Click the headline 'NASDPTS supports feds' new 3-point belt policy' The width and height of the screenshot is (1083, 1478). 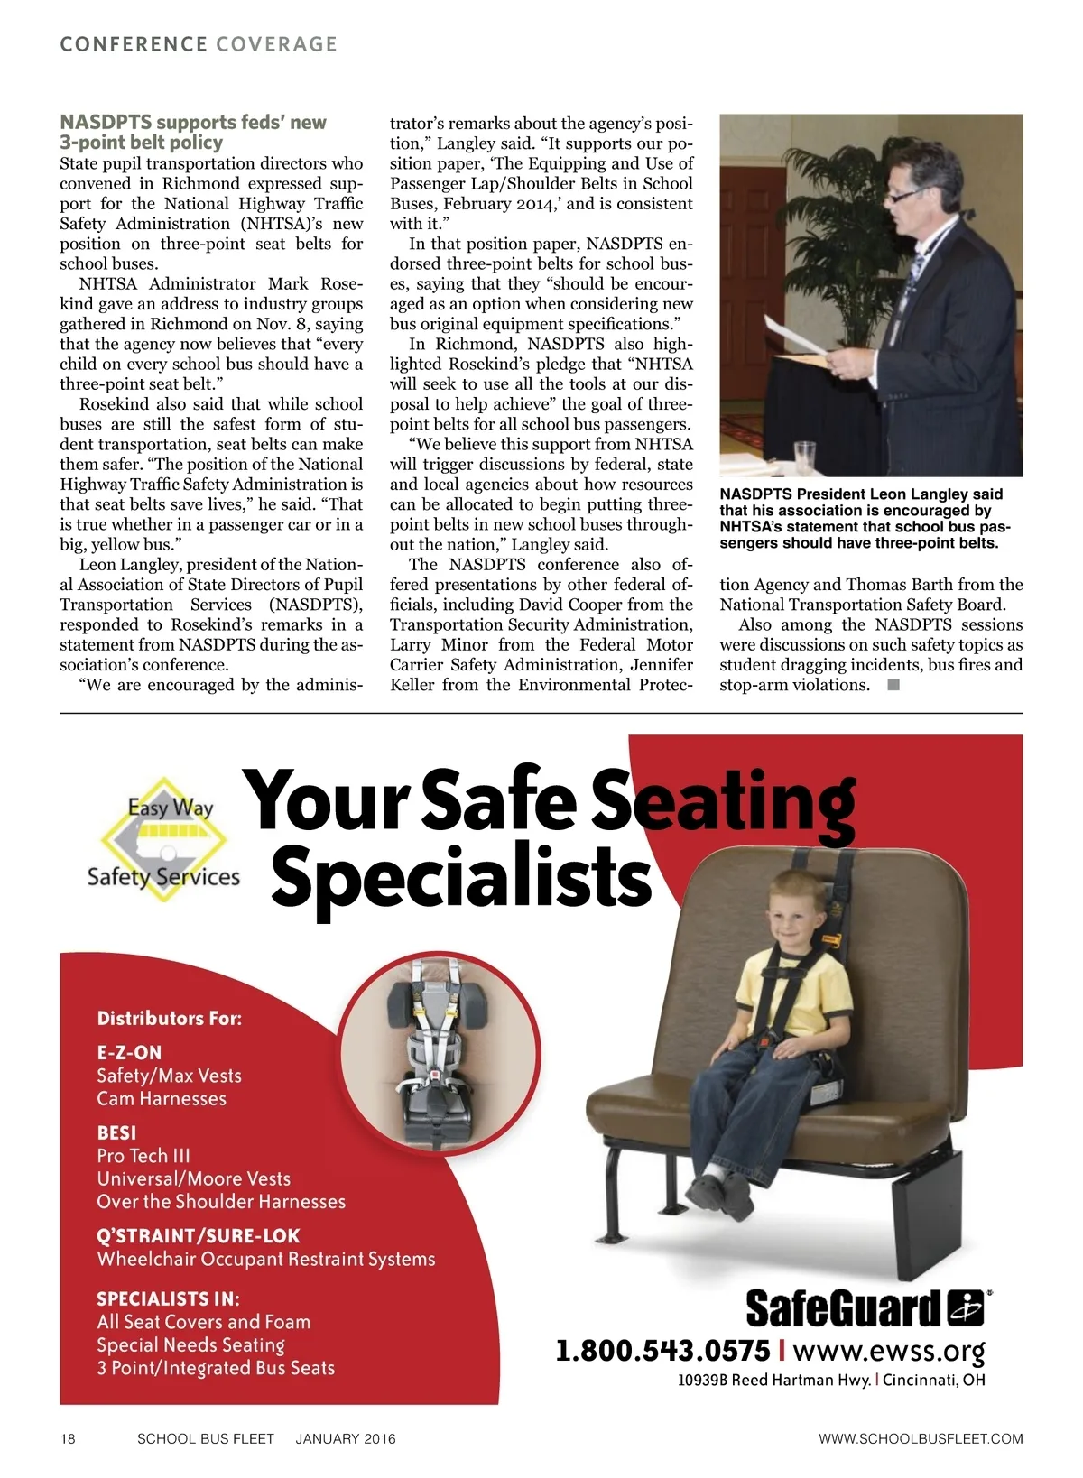(x=193, y=133)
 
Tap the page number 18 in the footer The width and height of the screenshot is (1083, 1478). (x=68, y=1438)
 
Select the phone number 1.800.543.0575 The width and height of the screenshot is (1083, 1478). (x=662, y=1351)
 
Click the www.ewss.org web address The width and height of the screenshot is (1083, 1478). (x=888, y=1352)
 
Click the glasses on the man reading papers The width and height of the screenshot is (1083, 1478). (x=905, y=193)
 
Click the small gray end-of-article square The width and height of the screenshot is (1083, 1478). (x=893, y=685)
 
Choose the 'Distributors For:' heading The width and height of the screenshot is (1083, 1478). (x=170, y=1019)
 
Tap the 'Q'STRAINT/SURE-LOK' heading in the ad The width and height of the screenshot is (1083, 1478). (x=198, y=1235)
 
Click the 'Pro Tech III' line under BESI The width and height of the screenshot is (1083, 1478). (x=143, y=1156)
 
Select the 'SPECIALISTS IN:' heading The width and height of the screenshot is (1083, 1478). (x=168, y=1298)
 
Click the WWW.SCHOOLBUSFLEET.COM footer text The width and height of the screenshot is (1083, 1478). (x=921, y=1438)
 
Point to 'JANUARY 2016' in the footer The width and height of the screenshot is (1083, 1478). (x=346, y=1438)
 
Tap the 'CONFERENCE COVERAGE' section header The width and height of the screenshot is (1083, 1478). (x=199, y=44)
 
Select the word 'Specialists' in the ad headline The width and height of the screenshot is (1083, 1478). (x=460, y=876)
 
